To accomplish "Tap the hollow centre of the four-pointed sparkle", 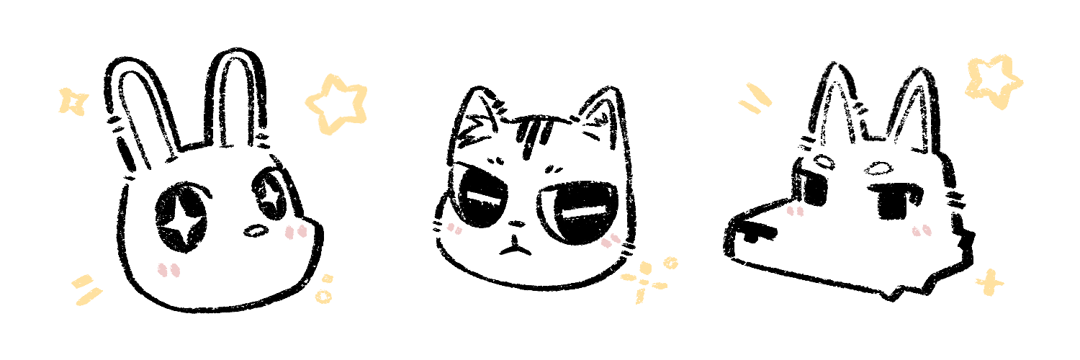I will click(x=73, y=102).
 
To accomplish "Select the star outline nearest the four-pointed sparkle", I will click(x=336, y=104).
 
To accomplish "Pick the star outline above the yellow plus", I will click(x=994, y=81).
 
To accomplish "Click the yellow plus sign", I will click(x=989, y=283).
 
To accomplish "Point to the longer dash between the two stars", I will click(x=759, y=94).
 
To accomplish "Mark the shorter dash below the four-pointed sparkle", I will click(x=80, y=280).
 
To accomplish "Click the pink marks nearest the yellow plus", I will click(x=922, y=231).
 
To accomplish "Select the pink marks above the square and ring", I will click(x=296, y=232).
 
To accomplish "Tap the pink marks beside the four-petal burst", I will click(x=611, y=240).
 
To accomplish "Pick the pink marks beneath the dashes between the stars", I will click(x=795, y=211).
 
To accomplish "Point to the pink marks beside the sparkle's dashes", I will click(x=169, y=270).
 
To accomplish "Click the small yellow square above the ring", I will click(x=327, y=278).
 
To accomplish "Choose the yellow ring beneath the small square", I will click(x=323, y=296).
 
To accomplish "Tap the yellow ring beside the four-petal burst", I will click(x=670, y=263).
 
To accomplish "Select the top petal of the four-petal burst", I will click(x=645, y=267).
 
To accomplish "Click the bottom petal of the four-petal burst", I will click(x=639, y=296).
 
